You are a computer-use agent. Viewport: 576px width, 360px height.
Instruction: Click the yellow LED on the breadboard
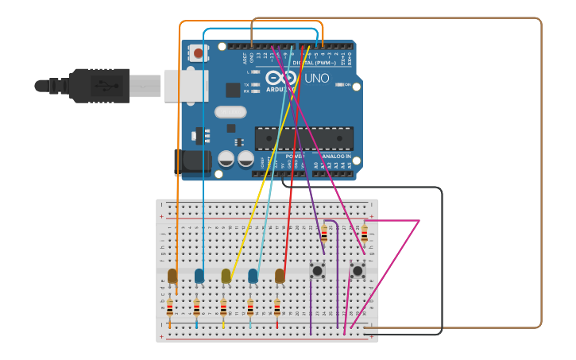(x=226, y=276)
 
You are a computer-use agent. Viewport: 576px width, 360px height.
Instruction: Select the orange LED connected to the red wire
(x=280, y=276)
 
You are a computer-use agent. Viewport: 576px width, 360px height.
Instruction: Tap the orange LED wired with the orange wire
(x=172, y=276)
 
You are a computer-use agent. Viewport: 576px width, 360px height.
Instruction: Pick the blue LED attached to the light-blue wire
(x=253, y=276)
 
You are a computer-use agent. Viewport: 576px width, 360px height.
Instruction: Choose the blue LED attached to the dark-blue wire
(x=199, y=276)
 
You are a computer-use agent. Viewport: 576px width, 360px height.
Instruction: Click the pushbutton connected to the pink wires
(x=358, y=271)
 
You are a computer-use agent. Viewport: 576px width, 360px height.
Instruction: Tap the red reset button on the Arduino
(x=197, y=53)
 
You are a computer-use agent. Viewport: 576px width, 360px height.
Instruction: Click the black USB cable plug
(x=99, y=85)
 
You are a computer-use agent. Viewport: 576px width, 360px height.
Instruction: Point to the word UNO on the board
(x=316, y=78)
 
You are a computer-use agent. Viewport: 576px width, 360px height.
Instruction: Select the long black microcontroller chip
(x=303, y=138)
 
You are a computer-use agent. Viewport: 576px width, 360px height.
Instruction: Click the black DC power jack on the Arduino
(x=193, y=162)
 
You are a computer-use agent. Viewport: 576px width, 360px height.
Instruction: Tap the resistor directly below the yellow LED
(x=223, y=308)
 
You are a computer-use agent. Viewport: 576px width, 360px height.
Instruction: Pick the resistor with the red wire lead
(x=277, y=308)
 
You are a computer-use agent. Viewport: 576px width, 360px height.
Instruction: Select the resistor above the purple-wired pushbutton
(x=324, y=234)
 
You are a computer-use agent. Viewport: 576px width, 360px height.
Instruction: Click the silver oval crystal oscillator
(x=230, y=112)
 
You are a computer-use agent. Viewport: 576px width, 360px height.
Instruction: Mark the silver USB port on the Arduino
(x=184, y=85)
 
